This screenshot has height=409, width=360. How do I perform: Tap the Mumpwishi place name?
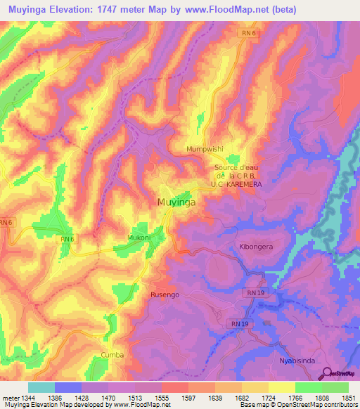point(204,150)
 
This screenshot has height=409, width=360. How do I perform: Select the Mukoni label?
point(139,238)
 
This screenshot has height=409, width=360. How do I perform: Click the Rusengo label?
point(165,295)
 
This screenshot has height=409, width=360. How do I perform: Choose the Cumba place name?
point(112,355)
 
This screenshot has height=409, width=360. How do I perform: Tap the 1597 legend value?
point(188,398)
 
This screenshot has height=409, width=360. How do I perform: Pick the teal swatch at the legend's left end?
point(41,387)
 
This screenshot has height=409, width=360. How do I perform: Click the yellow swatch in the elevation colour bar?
point(281,387)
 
